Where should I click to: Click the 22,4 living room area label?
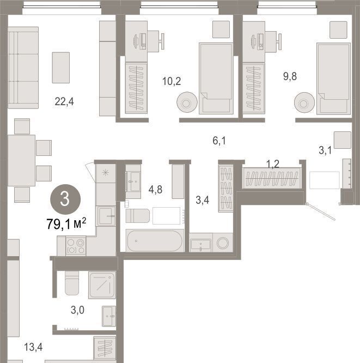click(x=64, y=101)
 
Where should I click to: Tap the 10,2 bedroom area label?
click(x=172, y=81)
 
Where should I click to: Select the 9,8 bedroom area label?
click(x=290, y=76)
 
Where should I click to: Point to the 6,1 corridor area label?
click(x=219, y=141)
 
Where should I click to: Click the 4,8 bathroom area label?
click(x=155, y=190)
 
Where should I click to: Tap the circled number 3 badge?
click(x=65, y=199)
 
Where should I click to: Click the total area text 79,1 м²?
click(x=66, y=223)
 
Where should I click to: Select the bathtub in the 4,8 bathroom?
click(x=155, y=241)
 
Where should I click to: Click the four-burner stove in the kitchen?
click(x=76, y=246)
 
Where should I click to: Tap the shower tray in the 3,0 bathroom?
click(x=102, y=285)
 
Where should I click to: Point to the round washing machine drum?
click(x=223, y=243)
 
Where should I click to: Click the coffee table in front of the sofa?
click(x=61, y=68)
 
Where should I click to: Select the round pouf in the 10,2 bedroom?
click(x=187, y=102)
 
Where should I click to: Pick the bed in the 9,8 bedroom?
click(x=334, y=78)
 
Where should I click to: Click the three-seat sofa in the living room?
click(x=23, y=68)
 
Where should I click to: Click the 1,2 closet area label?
click(x=273, y=164)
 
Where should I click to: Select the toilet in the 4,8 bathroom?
click(x=138, y=216)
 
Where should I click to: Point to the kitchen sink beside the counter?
click(x=106, y=216)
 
